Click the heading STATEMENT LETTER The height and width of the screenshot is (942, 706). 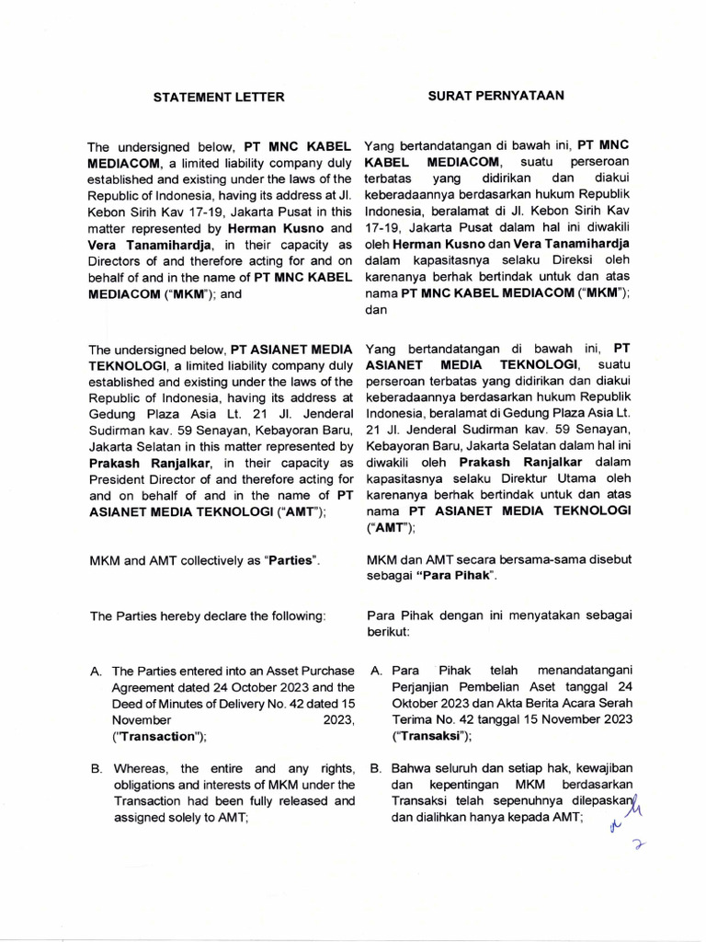tap(218, 97)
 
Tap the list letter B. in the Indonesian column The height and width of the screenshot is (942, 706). tap(375, 768)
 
